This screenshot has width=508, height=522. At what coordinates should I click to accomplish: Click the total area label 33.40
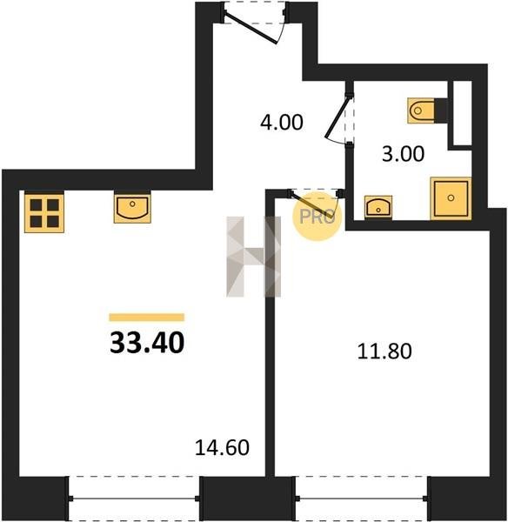coord(147,343)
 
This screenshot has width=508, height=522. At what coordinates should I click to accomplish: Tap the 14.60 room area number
coord(222,447)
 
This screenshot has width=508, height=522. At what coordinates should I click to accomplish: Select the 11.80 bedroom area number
coord(384,351)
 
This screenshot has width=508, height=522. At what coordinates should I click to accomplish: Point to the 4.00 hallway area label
coord(282,122)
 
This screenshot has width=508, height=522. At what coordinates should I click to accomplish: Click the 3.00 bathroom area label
coord(403,154)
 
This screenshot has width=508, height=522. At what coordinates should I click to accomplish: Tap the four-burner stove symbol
coord(44,213)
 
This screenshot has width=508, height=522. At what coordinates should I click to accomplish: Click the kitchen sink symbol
coord(132,208)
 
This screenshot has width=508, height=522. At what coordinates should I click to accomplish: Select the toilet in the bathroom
coord(421,110)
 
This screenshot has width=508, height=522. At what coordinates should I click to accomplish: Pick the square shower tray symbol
coord(451,198)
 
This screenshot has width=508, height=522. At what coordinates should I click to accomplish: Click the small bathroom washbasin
coord(378,207)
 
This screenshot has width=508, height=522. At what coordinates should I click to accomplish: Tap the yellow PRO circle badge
coord(317,217)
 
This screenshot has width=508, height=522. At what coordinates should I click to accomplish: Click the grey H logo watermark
coord(254,257)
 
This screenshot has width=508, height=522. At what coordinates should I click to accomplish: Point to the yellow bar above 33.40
coord(147,318)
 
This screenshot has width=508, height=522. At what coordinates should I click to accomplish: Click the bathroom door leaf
coord(337,117)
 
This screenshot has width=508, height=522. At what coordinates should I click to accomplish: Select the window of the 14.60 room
coord(134,499)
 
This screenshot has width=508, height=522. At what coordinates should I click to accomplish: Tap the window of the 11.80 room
coord(361,499)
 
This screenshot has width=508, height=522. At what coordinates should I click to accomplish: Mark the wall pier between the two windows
coord(247,499)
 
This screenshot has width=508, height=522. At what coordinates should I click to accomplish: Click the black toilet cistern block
coord(441,110)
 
